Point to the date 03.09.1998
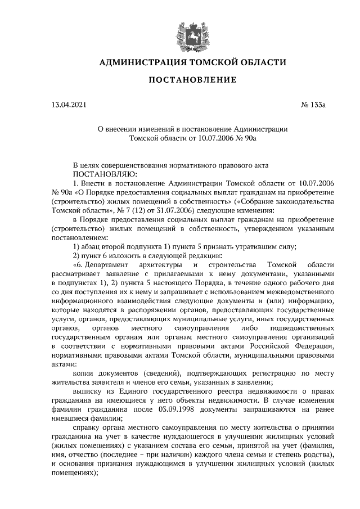(x=175, y=410)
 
